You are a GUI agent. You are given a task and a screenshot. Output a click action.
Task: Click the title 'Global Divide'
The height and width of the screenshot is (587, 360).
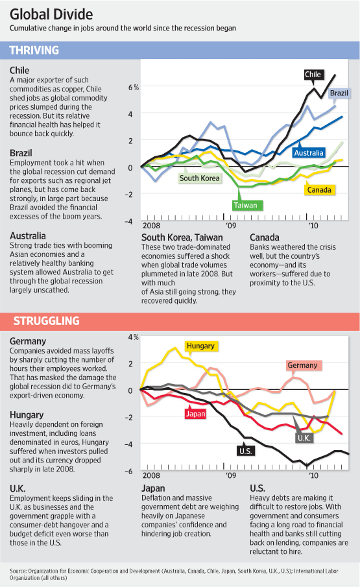(51, 14)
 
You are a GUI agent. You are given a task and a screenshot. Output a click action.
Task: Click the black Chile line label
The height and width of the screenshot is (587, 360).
(313, 75)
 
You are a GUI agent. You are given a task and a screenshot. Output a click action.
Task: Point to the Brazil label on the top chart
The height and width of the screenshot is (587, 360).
(339, 93)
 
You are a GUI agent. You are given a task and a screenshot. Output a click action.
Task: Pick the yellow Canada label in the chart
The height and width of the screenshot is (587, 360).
(320, 189)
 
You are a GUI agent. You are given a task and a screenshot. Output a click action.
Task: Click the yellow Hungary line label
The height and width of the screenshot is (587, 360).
(200, 346)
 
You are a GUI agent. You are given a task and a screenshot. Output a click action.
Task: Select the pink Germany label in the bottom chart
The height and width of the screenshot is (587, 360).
(302, 365)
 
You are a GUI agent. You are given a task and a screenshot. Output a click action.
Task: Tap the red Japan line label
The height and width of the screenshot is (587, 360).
(196, 413)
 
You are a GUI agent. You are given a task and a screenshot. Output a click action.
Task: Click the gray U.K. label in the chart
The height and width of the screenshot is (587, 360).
(304, 439)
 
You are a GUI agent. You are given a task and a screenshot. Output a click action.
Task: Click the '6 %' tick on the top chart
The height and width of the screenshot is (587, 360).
(133, 86)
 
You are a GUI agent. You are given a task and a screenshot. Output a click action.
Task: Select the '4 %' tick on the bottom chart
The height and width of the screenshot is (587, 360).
(133, 337)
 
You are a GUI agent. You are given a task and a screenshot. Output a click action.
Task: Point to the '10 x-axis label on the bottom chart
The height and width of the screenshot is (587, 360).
(314, 475)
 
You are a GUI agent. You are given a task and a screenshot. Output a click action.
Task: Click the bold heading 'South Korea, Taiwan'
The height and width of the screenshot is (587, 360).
(183, 237)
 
